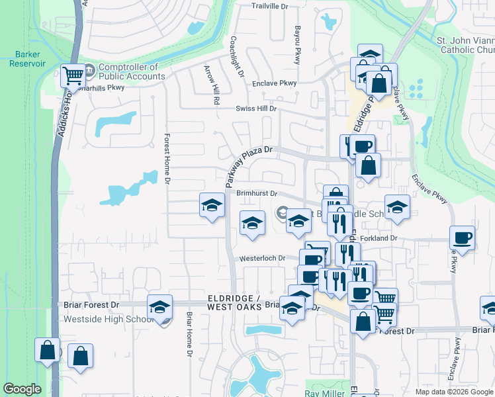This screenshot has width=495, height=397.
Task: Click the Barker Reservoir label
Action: coord(27,59)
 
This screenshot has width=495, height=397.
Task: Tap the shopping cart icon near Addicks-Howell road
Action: coord(72,75)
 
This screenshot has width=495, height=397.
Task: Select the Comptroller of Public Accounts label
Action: coord(132,71)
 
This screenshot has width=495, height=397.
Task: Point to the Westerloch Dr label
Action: coord(262,258)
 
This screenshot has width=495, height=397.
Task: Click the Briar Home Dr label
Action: coord(189,334)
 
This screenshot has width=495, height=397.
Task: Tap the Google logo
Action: coord(22,389)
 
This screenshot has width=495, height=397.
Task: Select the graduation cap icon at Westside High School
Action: coord(159,307)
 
